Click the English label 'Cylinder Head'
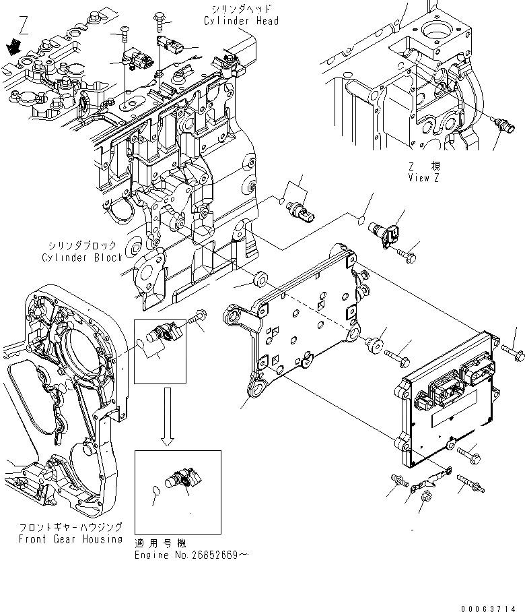pyautogui.click(x=240, y=22)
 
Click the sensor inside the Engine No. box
pyautogui.click(x=183, y=479)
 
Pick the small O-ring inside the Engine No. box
pyautogui.click(x=155, y=490)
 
